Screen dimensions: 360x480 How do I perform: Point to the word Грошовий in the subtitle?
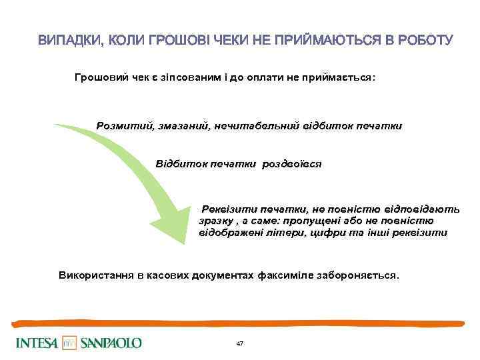pos(100,78)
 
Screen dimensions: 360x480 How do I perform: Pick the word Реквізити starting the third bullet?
pos(229,209)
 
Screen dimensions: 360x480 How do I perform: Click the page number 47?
pos(240,343)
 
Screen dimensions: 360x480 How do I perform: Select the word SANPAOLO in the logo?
pos(111,343)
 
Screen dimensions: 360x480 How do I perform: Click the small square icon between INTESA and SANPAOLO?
pos(70,343)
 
